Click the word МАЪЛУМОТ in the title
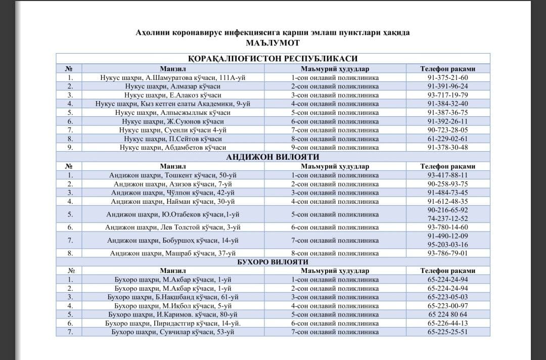(272, 43)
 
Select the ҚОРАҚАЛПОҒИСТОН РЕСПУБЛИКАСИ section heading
(272, 59)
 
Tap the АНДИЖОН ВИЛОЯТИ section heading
(272, 157)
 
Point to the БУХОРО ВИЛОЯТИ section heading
(272, 262)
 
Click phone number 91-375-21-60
(447, 78)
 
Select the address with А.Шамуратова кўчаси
(173, 78)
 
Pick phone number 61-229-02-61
(447, 139)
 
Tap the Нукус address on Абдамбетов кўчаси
(173, 147)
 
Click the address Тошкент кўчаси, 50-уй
(173, 175)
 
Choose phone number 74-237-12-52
(447, 218)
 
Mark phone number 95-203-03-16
(447, 245)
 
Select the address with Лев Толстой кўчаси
(173, 228)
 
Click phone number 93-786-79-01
(447, 253)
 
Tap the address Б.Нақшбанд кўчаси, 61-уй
(173, 297)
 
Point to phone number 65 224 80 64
(447, 314)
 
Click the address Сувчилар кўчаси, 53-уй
(173, 332)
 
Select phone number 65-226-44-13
(447, 323)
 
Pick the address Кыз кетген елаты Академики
(173, 104)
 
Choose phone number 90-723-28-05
(447, 130)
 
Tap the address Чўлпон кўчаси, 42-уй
(173, 193)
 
